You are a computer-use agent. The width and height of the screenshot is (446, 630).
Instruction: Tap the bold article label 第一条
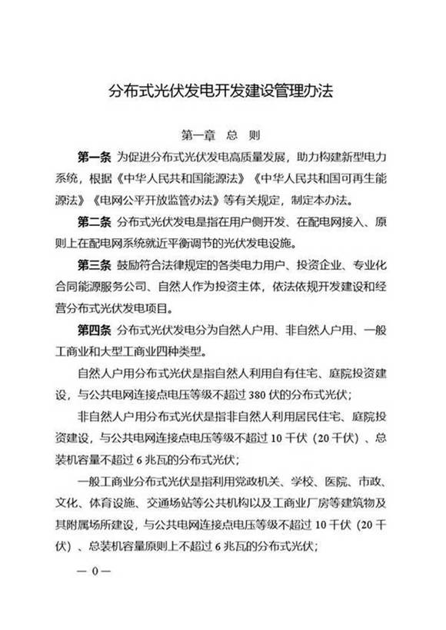tap(94, 159)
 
